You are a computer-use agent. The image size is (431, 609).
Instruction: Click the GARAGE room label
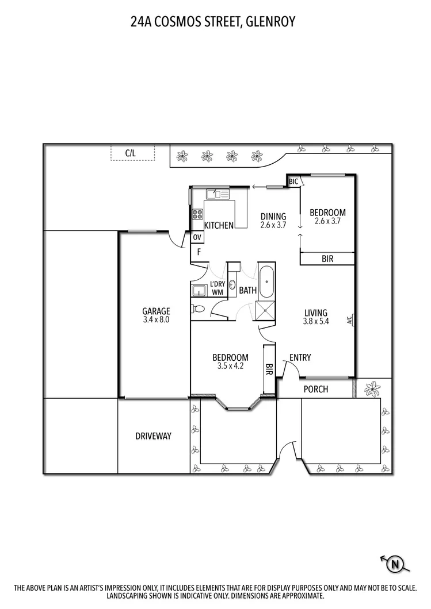point(156,311)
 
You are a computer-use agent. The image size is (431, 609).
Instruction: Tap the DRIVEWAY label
point(153,436)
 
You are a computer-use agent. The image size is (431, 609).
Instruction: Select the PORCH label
point(315,390)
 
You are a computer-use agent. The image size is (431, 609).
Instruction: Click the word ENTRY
point(300,358)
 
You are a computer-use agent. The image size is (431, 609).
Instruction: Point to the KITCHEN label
point(219,225)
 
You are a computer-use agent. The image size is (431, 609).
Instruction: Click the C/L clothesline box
point(132,153)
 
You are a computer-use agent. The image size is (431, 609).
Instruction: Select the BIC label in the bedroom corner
point(293,182)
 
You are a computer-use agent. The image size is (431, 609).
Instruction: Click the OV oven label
point(197,237)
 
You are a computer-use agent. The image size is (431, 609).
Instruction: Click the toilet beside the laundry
point(198,308)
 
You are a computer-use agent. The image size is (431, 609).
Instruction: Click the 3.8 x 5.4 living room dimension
point(316,321)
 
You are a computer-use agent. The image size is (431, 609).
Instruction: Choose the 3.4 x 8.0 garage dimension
point(156,319)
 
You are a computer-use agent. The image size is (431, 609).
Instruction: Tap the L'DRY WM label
point(217,288)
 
